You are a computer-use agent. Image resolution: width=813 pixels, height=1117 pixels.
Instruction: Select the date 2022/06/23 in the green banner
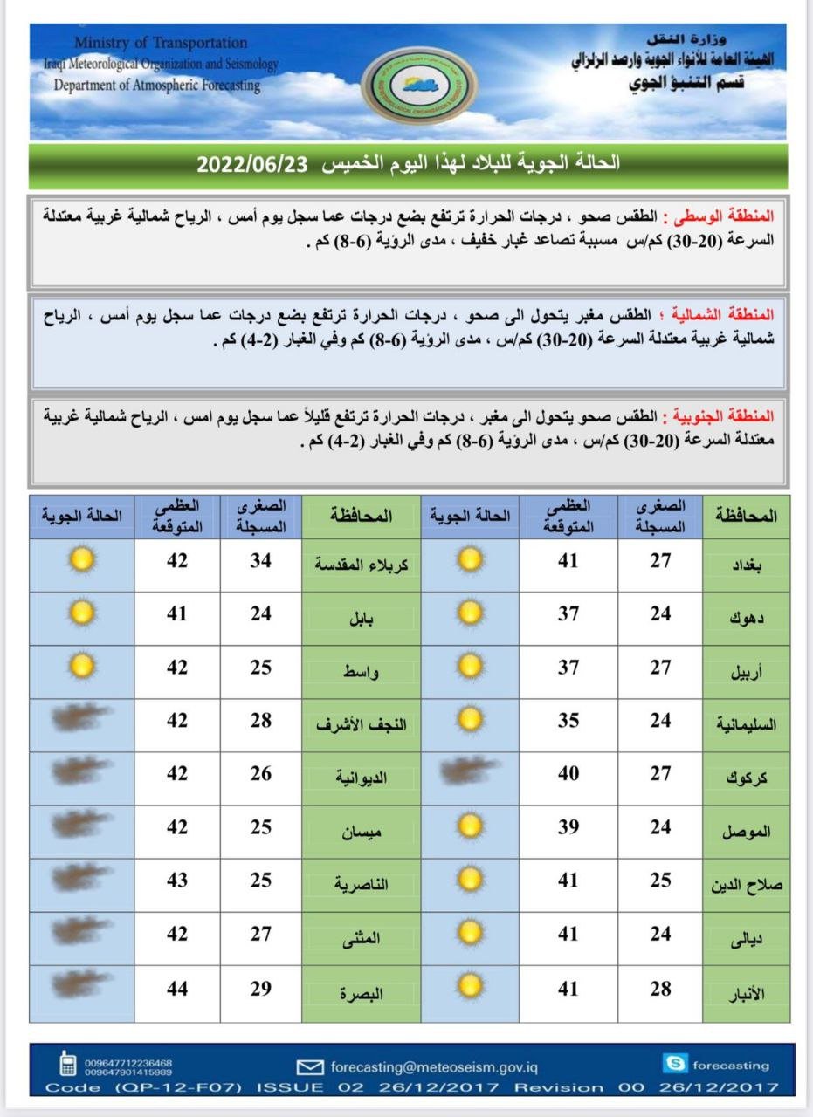pos(252,164)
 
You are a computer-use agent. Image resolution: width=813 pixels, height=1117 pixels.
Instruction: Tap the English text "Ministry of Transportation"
pos(161,43)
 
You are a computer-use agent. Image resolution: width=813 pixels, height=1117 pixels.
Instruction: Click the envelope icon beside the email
pos(310,1066)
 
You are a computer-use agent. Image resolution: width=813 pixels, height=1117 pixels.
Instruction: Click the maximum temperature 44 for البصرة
pos(177,989)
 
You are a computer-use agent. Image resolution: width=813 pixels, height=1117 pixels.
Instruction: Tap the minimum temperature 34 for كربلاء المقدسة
pos(261,561)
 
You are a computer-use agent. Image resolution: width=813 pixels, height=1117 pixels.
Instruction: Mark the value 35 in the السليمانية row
pos(568,721)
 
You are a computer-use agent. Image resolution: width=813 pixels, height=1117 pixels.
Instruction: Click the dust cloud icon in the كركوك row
pos(470,771)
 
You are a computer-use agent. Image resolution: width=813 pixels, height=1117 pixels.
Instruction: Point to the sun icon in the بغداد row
pos(470,559)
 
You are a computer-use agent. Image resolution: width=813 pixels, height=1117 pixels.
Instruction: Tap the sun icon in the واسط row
pos(82,667)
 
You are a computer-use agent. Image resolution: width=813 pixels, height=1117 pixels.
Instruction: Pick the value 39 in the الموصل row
pos(568,827)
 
